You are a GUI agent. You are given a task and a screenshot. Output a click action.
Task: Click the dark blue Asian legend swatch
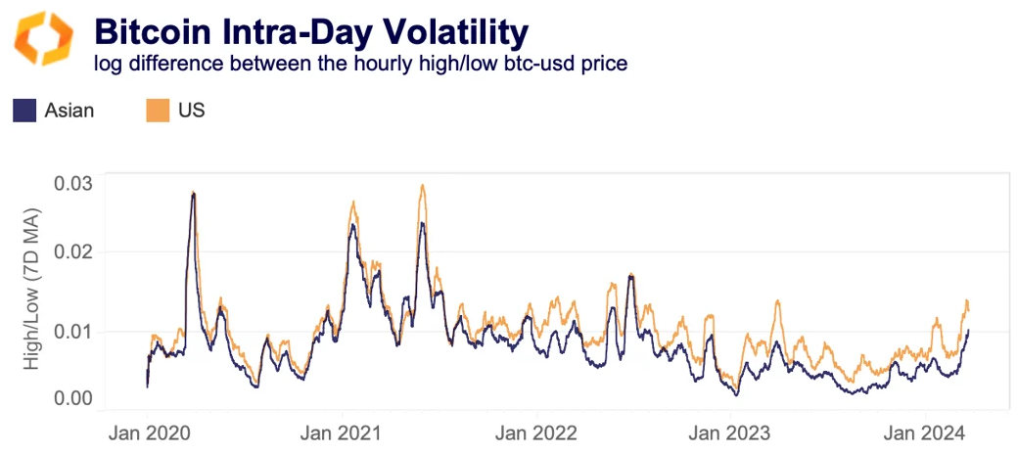(24, 110)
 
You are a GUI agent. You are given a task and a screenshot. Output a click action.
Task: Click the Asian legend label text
(69, 111)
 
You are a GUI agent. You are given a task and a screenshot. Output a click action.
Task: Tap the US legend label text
(192, 111)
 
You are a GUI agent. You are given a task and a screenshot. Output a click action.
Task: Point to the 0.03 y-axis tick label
(71, 183)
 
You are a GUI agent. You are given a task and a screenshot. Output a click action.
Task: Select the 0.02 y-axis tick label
(71, 251)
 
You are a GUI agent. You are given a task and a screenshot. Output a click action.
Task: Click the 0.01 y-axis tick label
(71, 331)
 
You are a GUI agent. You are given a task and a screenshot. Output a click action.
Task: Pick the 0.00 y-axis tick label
(71, 398)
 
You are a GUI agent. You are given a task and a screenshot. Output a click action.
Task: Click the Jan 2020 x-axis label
(147, 431)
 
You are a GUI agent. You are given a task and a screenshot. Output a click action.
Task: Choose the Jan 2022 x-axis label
(536, 431)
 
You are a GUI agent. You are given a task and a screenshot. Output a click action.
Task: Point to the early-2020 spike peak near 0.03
(193, 193)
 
